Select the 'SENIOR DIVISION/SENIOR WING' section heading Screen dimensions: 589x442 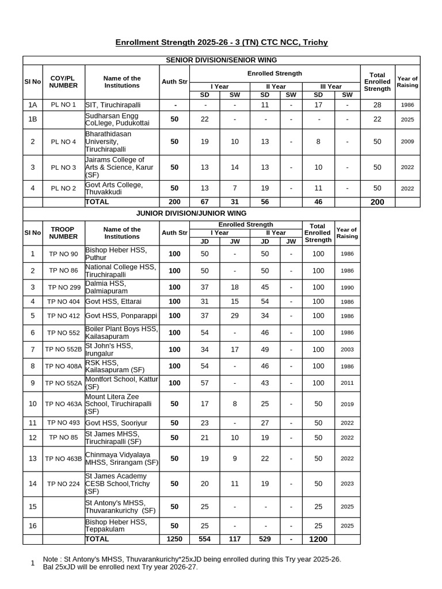pos(222,60)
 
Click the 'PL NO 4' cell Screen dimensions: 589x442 pos(63,141)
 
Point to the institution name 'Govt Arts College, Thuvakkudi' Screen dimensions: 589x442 pos(114,188)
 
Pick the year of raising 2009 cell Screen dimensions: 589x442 pos(407,141)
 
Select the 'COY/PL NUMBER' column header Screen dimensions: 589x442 pos(63,82)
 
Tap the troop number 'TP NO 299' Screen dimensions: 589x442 pos(63,287)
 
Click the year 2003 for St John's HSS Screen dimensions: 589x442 pos(347,349)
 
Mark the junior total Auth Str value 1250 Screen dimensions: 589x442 pos(174,539)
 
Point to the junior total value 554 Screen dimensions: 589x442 pos(204,539)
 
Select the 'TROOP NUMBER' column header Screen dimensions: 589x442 pos(63,233)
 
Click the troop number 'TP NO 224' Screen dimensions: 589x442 pos(63,484)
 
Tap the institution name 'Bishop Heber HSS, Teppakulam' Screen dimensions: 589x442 pos(116,526)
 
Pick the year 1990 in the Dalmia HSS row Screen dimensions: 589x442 pos(347,287)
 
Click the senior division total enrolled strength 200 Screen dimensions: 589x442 pos(377,202)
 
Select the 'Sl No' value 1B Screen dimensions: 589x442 pos(33,119)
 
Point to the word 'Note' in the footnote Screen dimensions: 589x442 pos(51,559)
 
